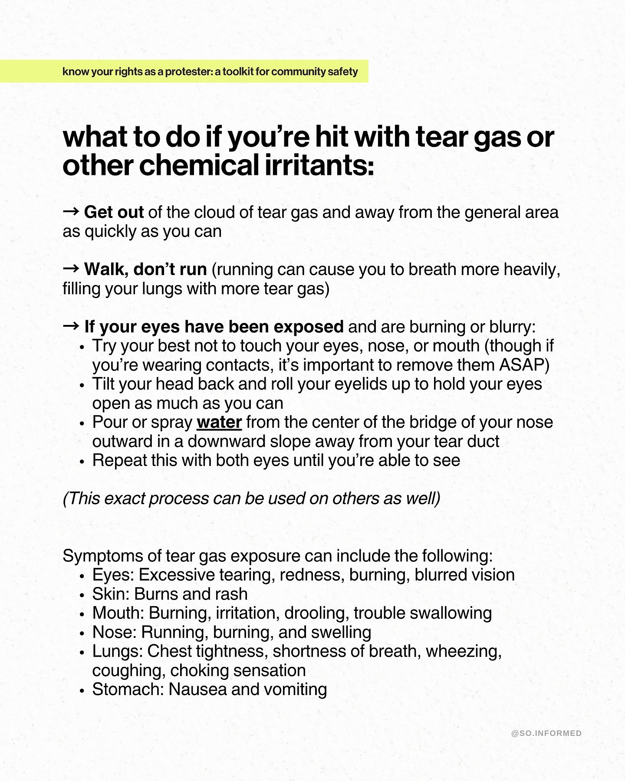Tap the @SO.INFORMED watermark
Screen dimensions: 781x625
[x=546, y=733]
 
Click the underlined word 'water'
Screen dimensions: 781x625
[x=219, y=422]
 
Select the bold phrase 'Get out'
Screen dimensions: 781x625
[x=114, y=212]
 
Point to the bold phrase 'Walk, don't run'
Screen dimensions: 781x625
[x=145, y=269]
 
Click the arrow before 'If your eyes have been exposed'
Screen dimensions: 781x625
[x=71, y=326]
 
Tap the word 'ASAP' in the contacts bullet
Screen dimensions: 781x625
[x=524, y=365]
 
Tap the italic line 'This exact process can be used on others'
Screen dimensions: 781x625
[x=252, y=499]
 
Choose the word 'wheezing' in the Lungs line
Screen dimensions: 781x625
[x=463, y=651]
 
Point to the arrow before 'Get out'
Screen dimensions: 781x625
[x=71, y=212]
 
